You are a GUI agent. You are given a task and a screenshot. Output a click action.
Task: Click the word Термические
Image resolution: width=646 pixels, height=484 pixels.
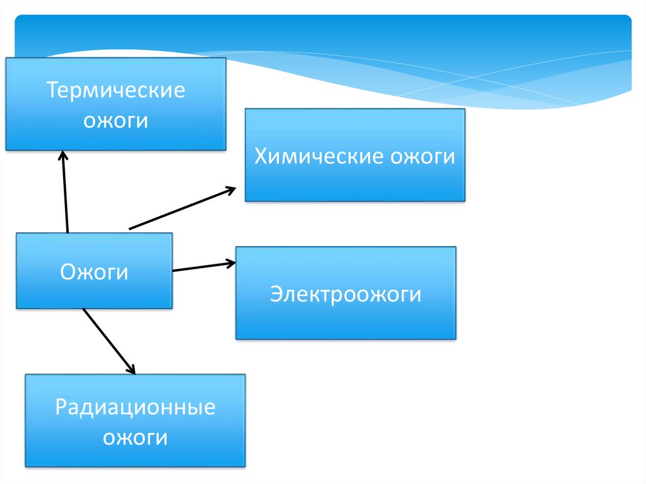(116, 90)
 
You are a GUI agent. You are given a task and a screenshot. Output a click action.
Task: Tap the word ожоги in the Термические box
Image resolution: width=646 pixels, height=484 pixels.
(116, 119)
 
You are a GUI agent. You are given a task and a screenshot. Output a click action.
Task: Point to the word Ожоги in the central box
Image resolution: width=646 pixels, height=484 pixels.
(94, 272)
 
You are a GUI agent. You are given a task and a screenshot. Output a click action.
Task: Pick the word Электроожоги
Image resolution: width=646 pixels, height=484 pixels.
(345, 294)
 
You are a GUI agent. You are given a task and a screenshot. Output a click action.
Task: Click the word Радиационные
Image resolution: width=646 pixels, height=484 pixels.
(135, 407)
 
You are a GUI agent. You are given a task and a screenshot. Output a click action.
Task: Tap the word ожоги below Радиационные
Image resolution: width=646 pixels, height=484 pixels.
(135, 437)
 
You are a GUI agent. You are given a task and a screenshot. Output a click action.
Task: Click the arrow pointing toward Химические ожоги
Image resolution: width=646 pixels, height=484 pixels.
(182, 208)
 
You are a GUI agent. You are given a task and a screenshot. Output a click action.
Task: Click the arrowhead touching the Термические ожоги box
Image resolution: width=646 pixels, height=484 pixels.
(62, 155)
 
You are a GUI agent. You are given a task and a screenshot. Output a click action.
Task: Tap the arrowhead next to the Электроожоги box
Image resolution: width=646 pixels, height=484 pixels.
(230, 263)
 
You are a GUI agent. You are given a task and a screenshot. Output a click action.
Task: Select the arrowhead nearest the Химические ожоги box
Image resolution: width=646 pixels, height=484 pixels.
(230, 189)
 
